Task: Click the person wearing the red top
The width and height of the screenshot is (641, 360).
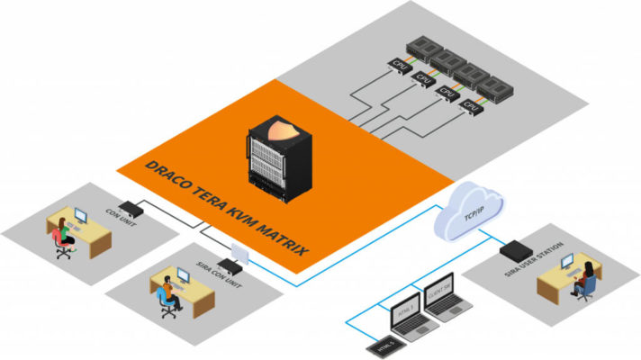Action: pyautogui.click(x=59, y=233)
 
